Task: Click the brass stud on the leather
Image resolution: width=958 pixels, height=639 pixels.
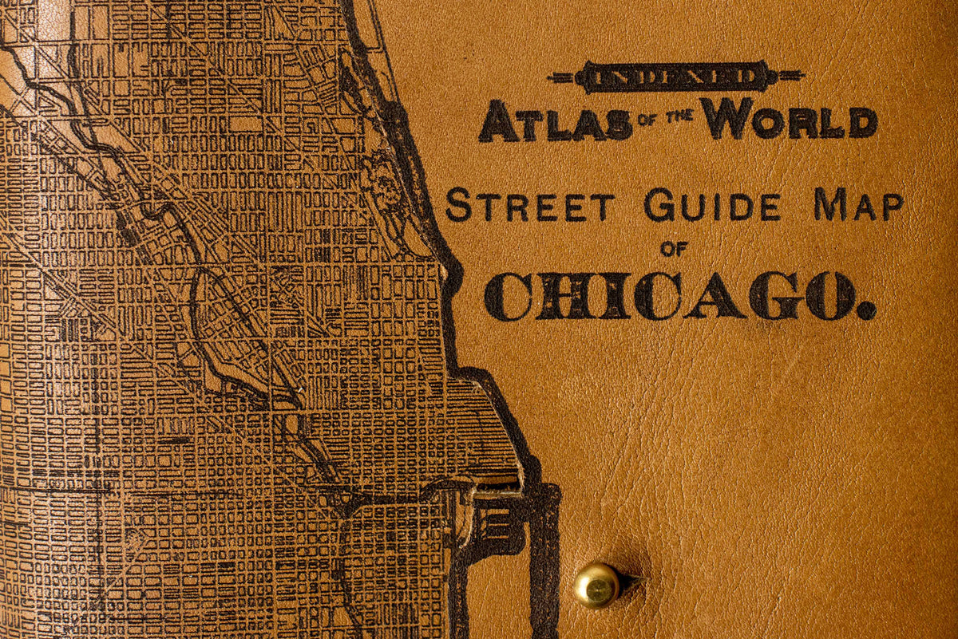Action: pyautogui.click(x=596, y=585)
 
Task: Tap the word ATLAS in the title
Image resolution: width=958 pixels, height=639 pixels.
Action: pyautogui.click(x=554, y=121)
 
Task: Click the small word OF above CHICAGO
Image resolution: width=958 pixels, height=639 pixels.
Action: pyautogui.click(x=674, y=250)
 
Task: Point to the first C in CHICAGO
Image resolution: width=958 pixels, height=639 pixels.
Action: pyautogui.click(x=507, y=297)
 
